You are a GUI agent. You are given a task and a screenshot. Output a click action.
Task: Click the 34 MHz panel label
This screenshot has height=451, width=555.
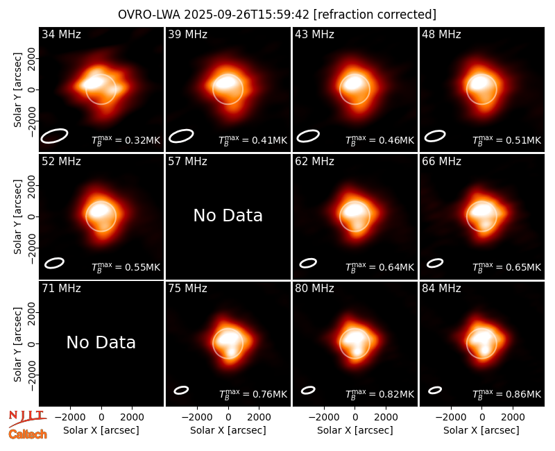pos(61,34)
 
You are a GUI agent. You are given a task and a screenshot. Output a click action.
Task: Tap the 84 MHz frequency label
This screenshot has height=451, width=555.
pos(441,289)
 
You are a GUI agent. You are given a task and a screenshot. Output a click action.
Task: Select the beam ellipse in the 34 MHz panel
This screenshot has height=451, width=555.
pos(54,136)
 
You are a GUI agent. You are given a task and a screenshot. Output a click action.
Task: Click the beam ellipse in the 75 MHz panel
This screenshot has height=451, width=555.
pos(181,390)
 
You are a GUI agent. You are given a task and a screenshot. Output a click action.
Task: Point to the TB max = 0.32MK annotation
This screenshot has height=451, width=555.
pos(126,140)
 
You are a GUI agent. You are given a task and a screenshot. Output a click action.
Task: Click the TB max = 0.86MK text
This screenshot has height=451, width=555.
pos(507,393)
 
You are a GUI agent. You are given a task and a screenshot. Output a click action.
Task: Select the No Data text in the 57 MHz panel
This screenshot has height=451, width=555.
pos(228,216)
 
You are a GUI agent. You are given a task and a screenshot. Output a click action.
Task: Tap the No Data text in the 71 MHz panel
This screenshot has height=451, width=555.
pos(101,343)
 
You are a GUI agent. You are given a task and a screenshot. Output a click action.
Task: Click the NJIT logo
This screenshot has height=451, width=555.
pos(27,418)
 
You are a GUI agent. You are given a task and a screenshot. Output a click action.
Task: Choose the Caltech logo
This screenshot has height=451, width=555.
pos(28,434)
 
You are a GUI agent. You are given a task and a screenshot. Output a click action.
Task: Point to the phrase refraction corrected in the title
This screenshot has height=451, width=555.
pos(375,15)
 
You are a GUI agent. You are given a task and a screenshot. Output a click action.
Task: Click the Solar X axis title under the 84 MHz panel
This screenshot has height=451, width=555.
pos(481,430)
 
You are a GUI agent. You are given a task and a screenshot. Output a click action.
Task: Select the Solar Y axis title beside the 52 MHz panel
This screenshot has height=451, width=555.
pos(17,216)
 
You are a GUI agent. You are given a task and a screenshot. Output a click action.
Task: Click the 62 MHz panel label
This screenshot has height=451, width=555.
pos(315,162)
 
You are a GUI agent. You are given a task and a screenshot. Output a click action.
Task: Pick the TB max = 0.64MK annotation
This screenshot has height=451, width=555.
pos(379,267)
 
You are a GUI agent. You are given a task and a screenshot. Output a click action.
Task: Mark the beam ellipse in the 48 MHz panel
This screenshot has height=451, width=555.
pos(435,136)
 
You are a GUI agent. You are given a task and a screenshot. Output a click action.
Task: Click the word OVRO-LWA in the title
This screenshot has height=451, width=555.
pos(149,15)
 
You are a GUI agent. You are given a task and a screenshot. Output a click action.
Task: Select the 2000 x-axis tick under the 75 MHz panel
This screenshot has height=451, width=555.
pos(259,417)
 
